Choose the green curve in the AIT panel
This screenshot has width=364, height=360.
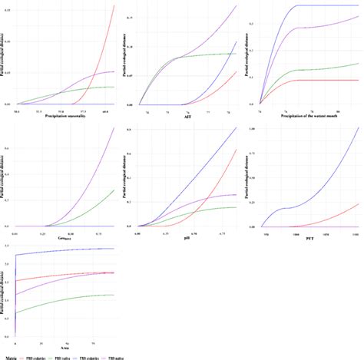pos(207,54)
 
